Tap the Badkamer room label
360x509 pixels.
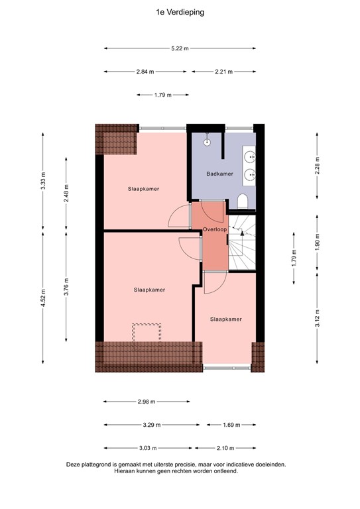[219, 174]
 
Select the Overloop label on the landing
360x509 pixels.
[215, 229]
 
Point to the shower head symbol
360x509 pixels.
[207, 141]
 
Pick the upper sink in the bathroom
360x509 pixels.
[251, 158]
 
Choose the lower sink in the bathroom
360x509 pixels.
[251, 175]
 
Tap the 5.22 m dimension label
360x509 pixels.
[180, 48]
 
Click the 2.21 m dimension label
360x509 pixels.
[223, 72]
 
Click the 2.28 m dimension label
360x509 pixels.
[318, 164]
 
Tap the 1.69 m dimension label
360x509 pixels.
[229, 425]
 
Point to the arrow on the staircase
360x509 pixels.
[243, 233]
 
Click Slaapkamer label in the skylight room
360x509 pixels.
[149, 290]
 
